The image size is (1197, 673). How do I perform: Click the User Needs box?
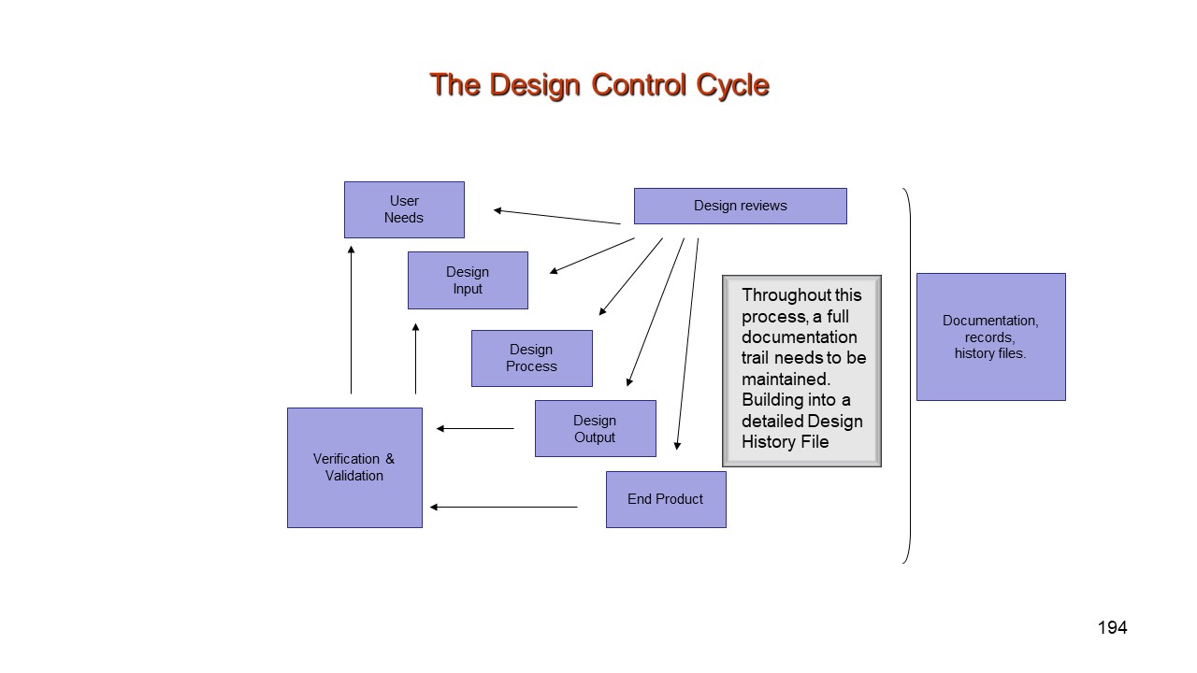[x=404, y=209]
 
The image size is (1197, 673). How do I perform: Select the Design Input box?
[x=468, y=280]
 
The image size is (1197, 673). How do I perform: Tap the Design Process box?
[x=531, y=358]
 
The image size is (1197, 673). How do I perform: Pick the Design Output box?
[x=595, y=428]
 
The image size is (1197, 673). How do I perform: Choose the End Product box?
[x=666, y=499]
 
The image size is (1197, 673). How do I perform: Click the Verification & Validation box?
[x=354, y=467]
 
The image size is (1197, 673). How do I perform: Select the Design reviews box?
[x=740, y=206]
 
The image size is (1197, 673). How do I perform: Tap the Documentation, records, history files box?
[x=990, y=336]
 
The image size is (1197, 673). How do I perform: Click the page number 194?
[x=1112, y=628]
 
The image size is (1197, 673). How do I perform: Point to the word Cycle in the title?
[x=732, y=85]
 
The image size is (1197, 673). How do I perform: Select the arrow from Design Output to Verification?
[x=475, y=429]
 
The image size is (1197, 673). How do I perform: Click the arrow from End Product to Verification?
[x=503, y=507]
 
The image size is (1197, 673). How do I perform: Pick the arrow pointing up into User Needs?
[x=351, y=318]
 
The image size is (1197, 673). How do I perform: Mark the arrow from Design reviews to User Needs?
[x=556, y=217]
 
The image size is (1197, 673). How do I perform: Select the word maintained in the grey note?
[x=786, y=379]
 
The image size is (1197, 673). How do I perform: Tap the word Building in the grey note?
[x=772, y=400]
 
